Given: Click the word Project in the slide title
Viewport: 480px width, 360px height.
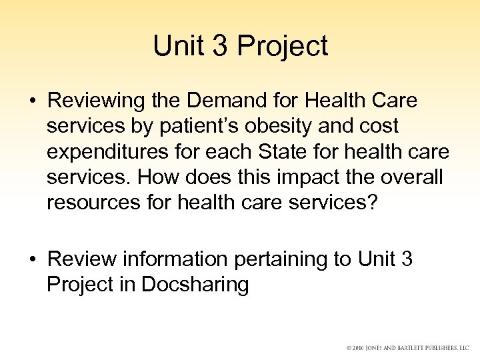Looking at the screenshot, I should click(283, 46).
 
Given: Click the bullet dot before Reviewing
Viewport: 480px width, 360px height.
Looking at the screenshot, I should click(33, 102).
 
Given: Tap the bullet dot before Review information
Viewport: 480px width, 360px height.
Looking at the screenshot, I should click(33, 259).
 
